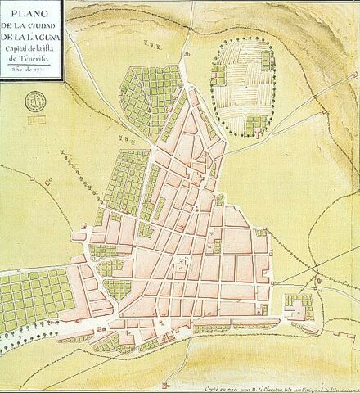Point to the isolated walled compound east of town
click(x=299, y=306)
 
